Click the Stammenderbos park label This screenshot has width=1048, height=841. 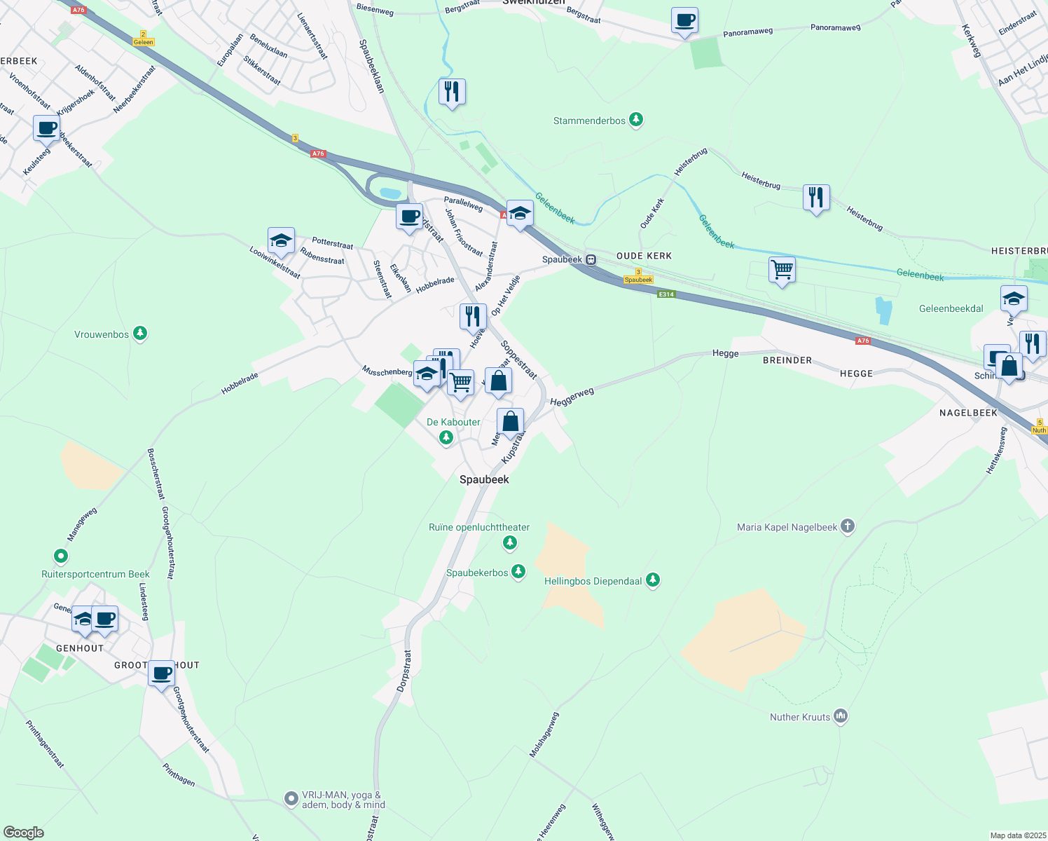pyautogui.click(x=589, y=121)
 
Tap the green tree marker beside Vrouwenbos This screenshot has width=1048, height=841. pyautogui.click(x=140, y=334)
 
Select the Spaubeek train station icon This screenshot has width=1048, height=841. pyautogui.click(x=591, y=259)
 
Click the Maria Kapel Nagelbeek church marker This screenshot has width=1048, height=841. pyautogui.click(x=848, y=526)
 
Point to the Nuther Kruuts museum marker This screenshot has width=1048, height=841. pyautogui.click(x=841, y=716)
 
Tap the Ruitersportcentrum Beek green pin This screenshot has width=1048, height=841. pyautogui.click(x=61, y=556)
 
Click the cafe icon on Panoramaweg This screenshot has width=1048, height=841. pyautogui.click(x=684, y=21)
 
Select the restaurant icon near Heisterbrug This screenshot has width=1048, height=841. pyautogui.click(x=816, y=198)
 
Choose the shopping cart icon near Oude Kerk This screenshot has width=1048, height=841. pyautogui.click(x=782, y=270)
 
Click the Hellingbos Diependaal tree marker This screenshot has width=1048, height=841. pyautogui.click(x=653, y=580)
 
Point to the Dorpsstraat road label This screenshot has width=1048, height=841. pyautogui.click(x=404, y=671)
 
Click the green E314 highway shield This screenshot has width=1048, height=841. pyautogui.click(x=666, y=294)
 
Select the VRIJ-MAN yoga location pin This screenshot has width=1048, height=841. pyautogui.click(x=291, y=798)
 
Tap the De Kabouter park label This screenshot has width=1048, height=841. pyautogui.click(x=453, y=422)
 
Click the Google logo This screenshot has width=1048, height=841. pyautogui.click(x=24, y=832)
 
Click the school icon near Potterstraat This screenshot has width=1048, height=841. pyautogui.click(x=281, y=240)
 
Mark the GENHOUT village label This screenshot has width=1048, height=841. pyautogui.click(x=80, y=648)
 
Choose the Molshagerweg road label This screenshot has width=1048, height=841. pyautogui.click(x=544, y=734)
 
